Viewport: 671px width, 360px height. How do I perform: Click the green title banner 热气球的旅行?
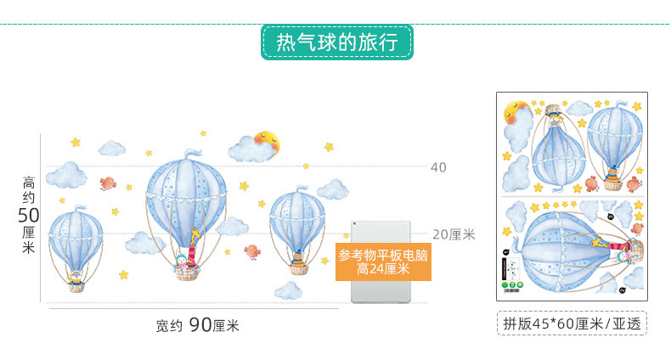(x=336, y=42)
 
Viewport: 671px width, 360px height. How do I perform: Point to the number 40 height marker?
(x=438, y=167)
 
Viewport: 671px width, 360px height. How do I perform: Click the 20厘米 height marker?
(x=453, y=234)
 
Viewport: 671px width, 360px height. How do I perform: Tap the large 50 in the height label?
(x=29, y=215)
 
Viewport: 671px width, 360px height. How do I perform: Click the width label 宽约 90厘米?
(x=198, y=324)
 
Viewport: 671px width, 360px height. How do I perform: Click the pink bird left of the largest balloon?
(x=108, y=182)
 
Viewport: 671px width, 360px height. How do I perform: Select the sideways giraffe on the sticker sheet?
(x=605, y=245)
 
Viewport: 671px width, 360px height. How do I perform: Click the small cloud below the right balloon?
(x=289, y=291)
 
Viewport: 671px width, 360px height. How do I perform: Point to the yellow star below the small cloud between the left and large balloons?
(x=124, y=274)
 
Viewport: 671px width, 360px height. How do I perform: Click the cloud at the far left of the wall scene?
(x=65, y=175)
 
